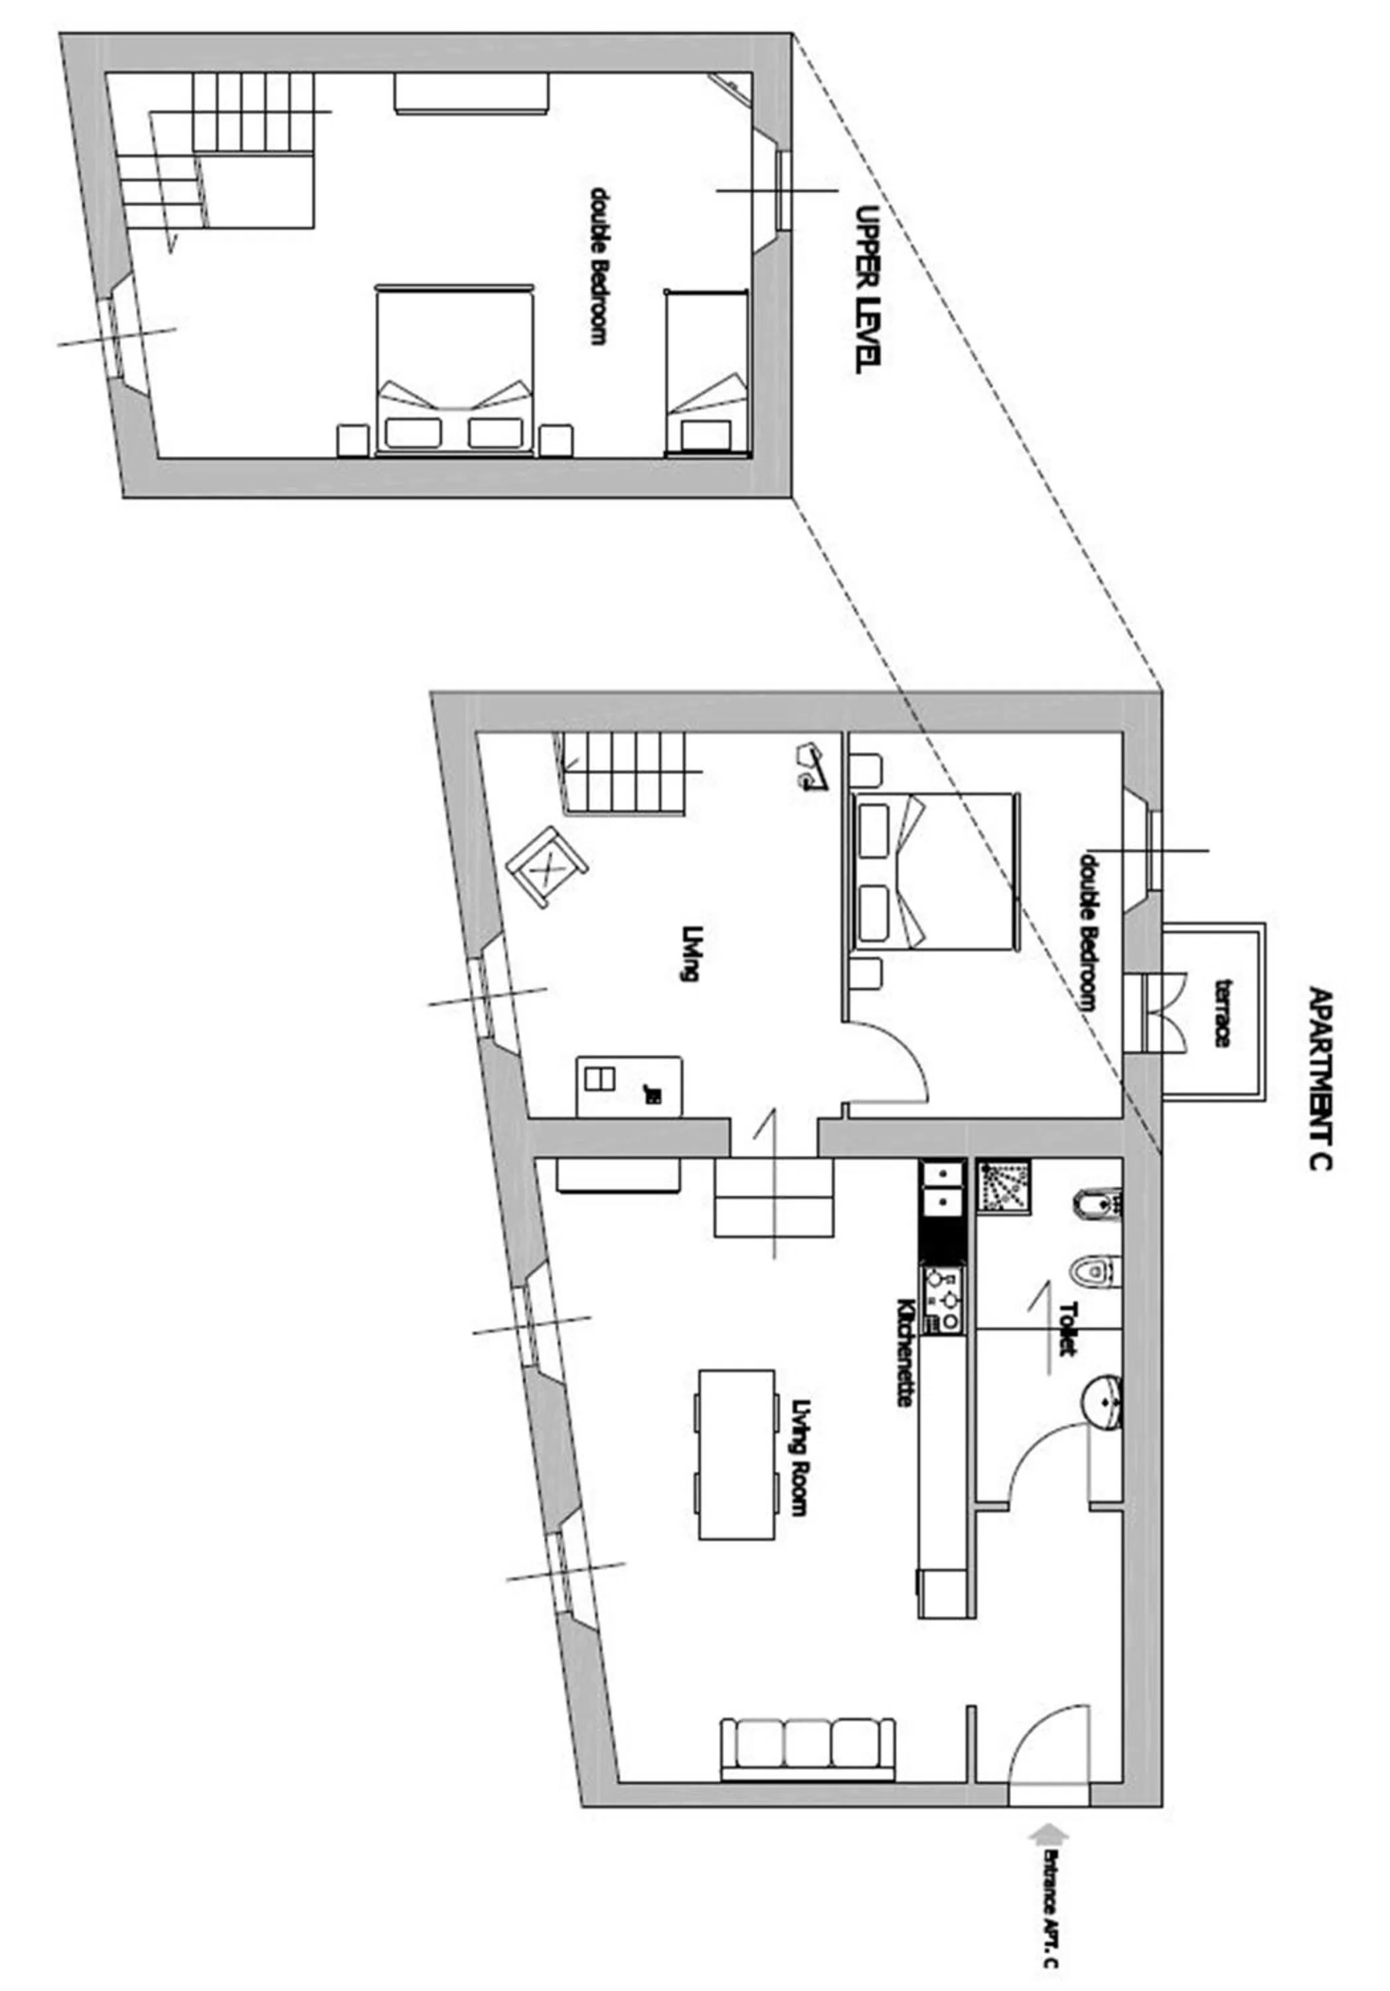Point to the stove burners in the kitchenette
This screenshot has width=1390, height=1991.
[943, 1299]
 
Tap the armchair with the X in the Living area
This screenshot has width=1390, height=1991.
[546, 867]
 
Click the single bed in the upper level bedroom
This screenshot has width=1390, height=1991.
[705, 371]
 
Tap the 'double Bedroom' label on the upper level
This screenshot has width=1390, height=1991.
[597, 265]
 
